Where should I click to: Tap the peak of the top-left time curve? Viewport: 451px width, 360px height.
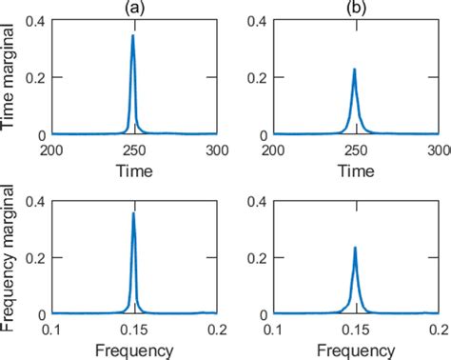(133, 36)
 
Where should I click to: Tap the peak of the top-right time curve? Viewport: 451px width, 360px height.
(355, 69)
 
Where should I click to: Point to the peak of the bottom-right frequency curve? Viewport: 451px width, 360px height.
(355, 248)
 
